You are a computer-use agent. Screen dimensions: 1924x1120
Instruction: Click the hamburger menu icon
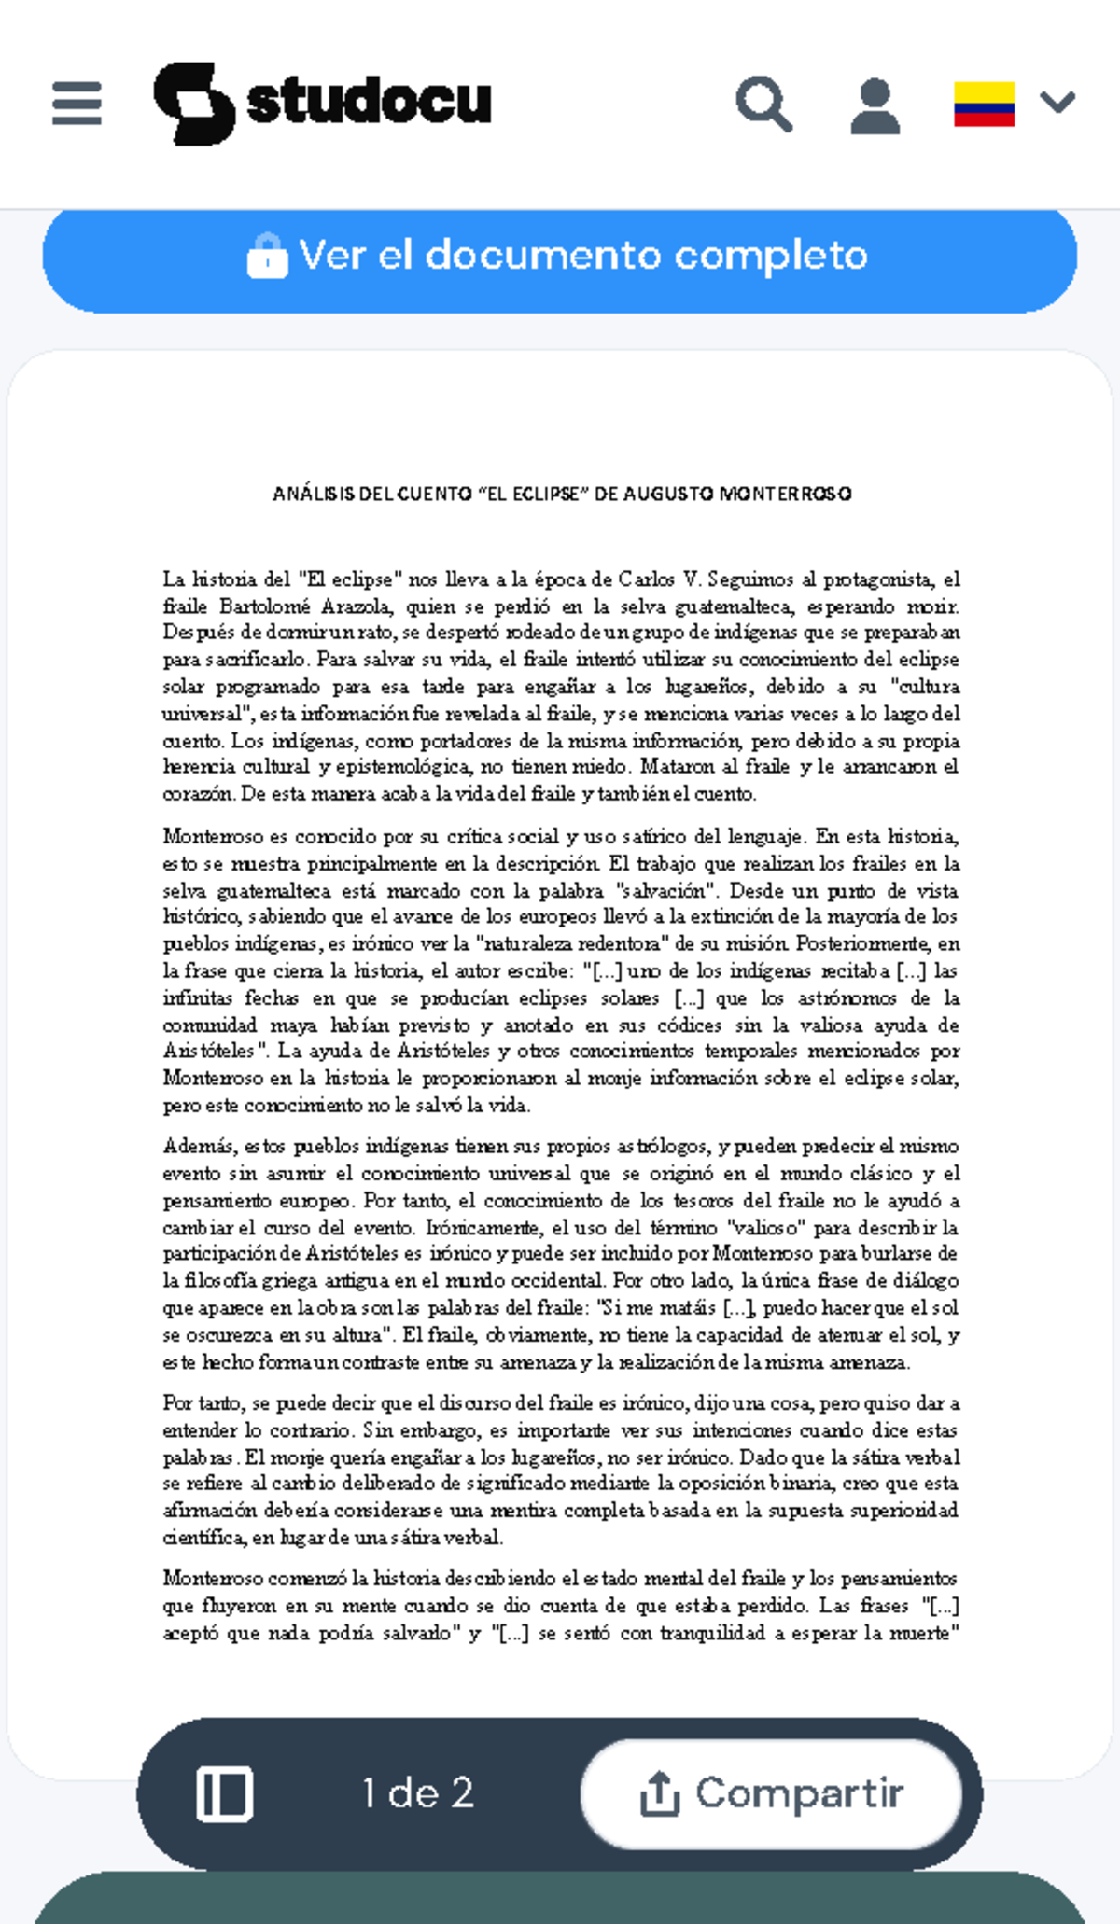[x=77, y=103]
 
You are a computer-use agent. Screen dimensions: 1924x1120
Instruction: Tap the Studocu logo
[x=322, y=103]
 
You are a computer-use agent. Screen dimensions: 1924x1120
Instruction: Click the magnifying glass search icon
[x=764, y=104]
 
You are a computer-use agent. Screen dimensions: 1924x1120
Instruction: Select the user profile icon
[x=875, y=105]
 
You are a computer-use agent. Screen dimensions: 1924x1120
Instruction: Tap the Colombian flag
[x=984, y=104]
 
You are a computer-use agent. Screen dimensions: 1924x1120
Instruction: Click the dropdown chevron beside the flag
[x=1057, y=102]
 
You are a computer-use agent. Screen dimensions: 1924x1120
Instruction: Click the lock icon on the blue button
[x=267, y=256]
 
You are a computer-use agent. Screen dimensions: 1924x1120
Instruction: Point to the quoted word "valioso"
[x=763, y=1228]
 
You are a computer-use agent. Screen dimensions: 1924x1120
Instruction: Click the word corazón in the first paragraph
[x=198, y=794]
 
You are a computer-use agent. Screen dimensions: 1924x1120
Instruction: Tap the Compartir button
[x=771, y=1793]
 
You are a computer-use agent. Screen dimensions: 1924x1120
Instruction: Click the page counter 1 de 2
[x=418, y=1793]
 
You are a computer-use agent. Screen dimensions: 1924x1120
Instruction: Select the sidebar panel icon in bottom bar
[x=224, y=1793]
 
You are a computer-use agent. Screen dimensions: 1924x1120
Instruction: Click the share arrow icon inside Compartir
[x=659, y=1793]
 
